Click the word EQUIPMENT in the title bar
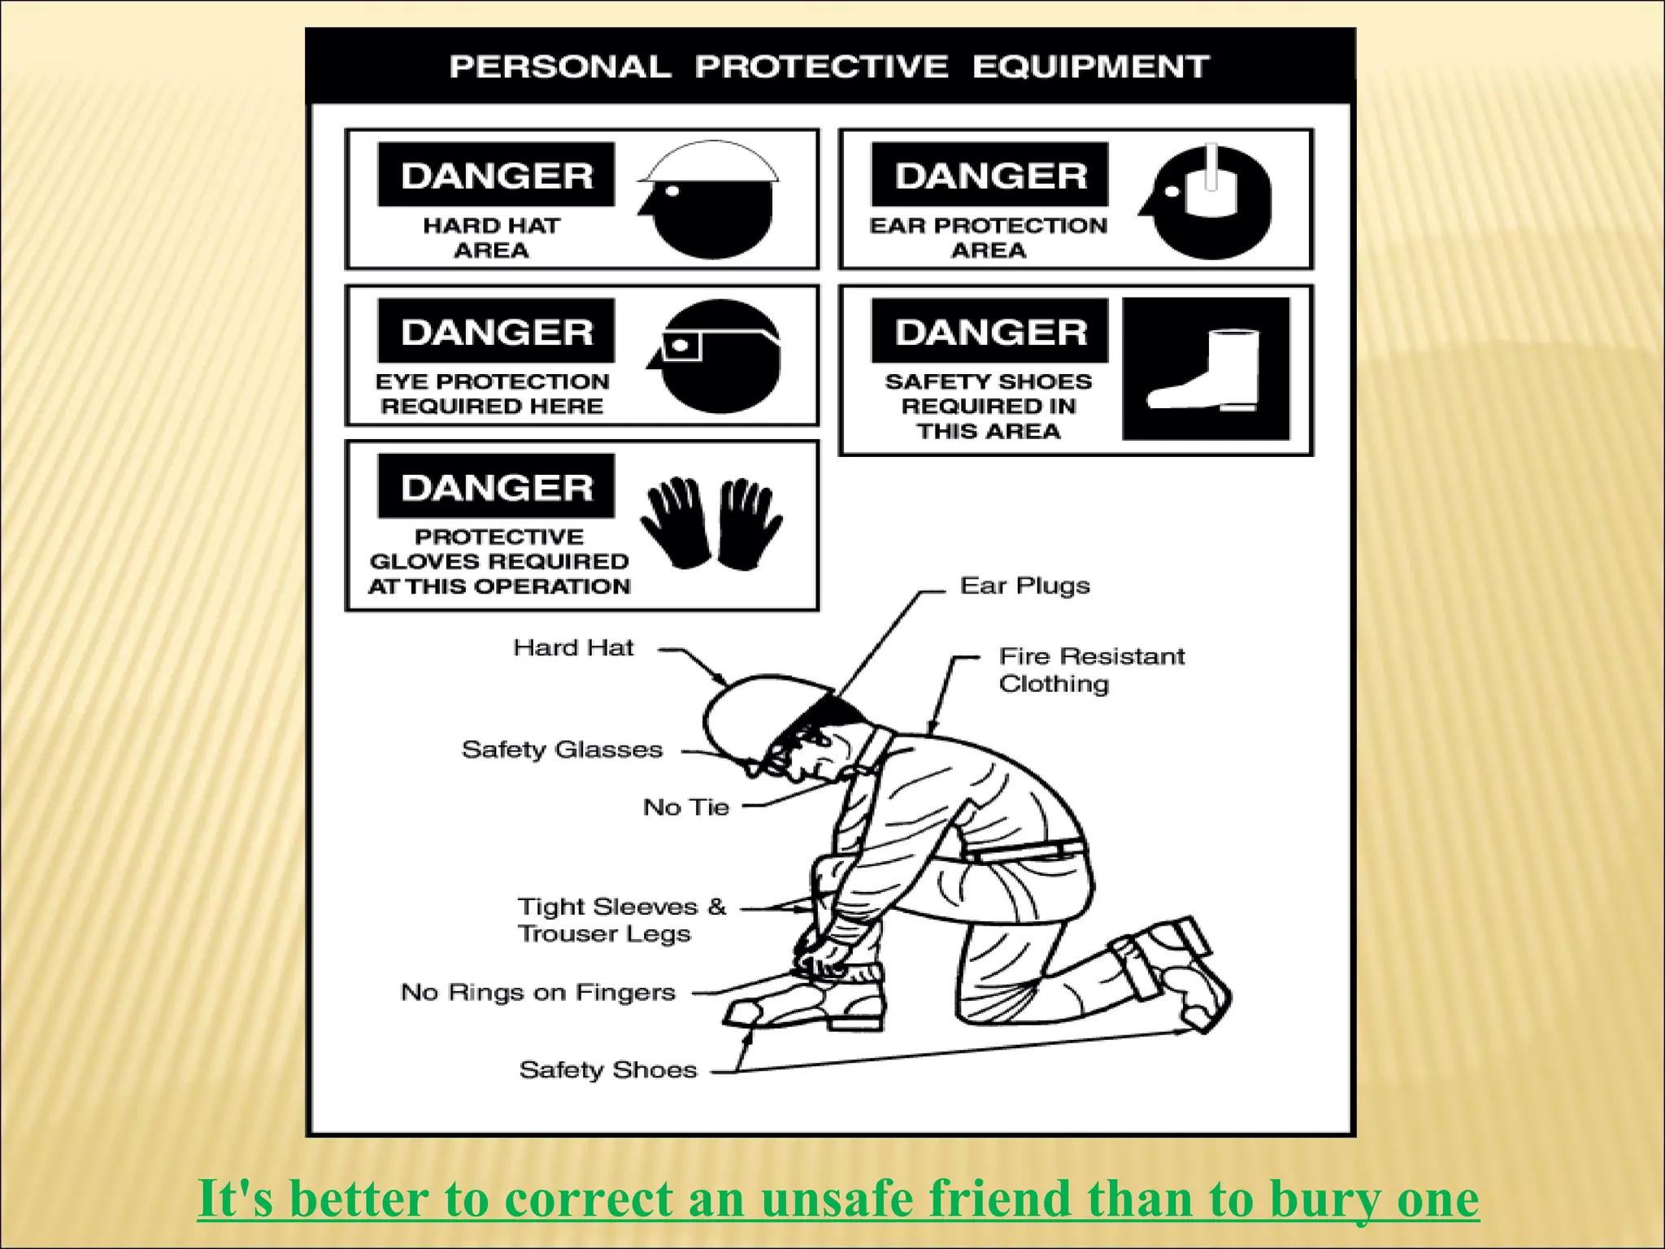pos(1090,67)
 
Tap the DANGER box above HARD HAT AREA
pos(496,175)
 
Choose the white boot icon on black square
pos(1206,369)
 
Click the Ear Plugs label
pos(1024,585)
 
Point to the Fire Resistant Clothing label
pos(1091,669)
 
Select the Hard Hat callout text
pos(573,647)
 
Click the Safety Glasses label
pos(562,749)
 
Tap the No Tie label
pos(686,807)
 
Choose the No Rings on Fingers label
pos(538,992)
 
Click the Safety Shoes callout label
pos(608,1069)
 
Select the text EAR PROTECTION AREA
pos(989,237)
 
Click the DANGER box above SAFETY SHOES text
pos(989,331)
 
